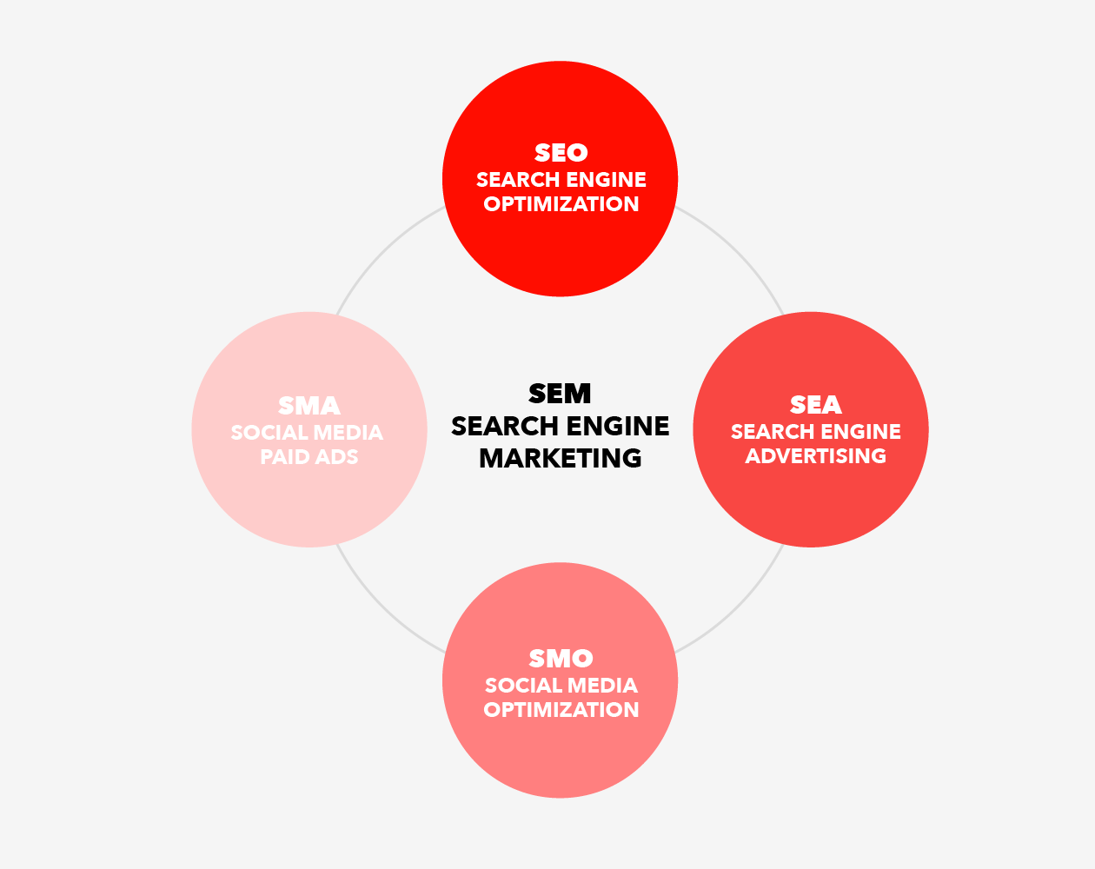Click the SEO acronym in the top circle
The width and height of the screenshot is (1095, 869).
[561, 153]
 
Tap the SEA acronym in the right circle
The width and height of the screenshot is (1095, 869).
[816, 405]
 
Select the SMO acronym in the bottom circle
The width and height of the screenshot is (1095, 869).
[561, 659]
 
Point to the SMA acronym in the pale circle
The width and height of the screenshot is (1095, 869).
[309, 406]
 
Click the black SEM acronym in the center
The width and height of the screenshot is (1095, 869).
[560, 394]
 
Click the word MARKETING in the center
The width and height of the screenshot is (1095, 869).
[561, 459]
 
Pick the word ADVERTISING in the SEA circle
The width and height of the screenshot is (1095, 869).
[816, 456]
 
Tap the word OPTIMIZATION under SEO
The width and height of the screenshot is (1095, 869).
[561, 204]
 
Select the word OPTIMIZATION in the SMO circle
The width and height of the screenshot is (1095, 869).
[561, 710]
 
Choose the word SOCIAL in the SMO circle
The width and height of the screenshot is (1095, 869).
[523, 686]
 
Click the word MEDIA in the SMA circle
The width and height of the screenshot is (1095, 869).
[348, 433]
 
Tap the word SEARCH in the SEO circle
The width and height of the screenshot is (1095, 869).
[518, 180]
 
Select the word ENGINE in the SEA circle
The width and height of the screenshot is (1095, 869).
[861, 432]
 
